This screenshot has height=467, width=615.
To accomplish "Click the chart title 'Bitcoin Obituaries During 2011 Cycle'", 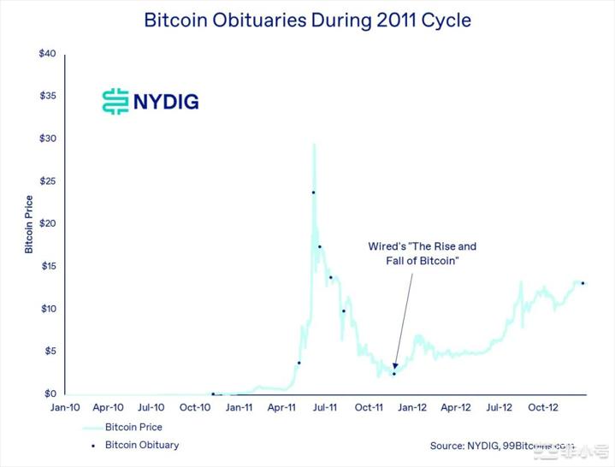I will pyautogui.click(x=307, y=19).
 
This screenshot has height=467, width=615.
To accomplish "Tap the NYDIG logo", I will pyautogui.click(x=150, y=101).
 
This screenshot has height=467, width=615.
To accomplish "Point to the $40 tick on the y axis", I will pyautogui.click(x=48, y=54).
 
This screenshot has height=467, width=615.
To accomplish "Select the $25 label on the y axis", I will pyautogui.click(x=48, y=181).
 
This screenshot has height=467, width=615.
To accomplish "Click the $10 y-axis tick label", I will pyautogui.click(x=48, y=309).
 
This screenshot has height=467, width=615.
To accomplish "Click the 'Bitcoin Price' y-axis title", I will pyautogui.click(x=28, y=223).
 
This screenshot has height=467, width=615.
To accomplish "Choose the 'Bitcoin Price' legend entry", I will pyautogui.click(x=133, y=427).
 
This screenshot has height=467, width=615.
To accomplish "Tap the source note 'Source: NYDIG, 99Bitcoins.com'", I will pyautogui.click(x=502, y=446).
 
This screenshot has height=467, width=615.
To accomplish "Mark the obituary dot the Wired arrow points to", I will pyautogui.click(x=394, y=374).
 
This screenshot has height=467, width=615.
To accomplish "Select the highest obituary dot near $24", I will pyautogui.click(x=313, y=192).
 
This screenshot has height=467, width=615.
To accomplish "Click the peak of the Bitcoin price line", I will pyautogui.click(x=315, y=144).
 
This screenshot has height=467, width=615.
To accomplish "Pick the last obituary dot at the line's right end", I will pyautogui.click(x=582, y=283).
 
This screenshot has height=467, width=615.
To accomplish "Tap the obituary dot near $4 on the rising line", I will pyautogui.click(x=299, y=363).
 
